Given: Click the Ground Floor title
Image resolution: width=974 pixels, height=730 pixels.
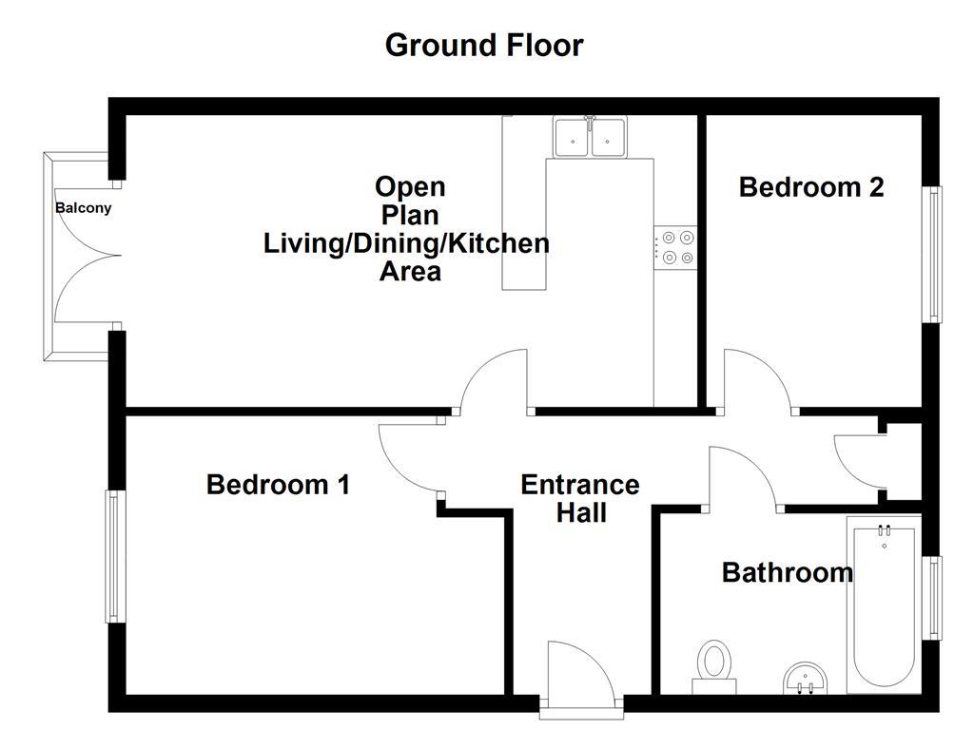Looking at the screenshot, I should pyautogui.click(x=484, y=45).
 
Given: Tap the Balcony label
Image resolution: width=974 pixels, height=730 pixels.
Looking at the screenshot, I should pyautogui.click(x=83, y=208).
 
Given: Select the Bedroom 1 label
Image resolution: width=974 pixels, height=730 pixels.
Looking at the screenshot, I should pyautogui.click(x=278, y=485).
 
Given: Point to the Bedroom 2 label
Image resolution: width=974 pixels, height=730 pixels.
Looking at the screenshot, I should pyautogui.click(x=810, y=187).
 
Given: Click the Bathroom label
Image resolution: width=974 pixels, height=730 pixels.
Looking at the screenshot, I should pyautogui.click(x=787, y=572).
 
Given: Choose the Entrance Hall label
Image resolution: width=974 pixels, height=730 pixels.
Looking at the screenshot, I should pyautogui.click(x=580, y=499).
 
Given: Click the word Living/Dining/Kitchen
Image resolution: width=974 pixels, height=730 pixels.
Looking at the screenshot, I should pyautogui.click(x=406, y=243).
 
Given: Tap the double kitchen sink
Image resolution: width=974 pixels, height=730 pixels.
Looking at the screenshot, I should pyautogui.click(x=590, y=137).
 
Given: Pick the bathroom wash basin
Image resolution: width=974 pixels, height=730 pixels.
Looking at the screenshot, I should pyautogui.click(x=805, y=679).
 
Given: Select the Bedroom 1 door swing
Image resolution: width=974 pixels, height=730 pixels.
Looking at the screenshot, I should pyautogui.click(x=409, y=456).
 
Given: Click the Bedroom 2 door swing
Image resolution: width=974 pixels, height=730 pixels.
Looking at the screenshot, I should pyautogui.click(x=757, y=380).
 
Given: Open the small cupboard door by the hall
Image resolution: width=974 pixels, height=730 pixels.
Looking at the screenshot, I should pyautogui.click(x=861, y=460).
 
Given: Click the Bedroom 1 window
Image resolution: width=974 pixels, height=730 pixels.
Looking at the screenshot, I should pyautogui.click(x=115, y=556).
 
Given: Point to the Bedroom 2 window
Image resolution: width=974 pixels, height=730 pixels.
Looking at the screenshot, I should pyautogui.click(x=935, y=255).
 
